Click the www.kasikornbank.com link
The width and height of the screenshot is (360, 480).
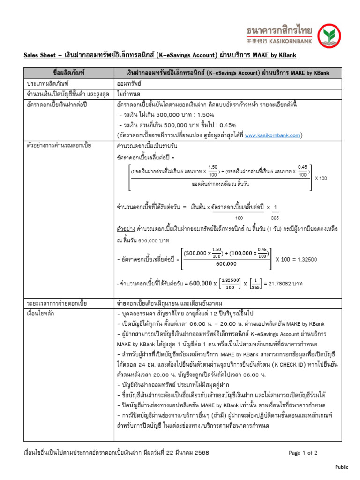272,135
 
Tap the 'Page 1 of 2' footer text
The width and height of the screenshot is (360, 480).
303,453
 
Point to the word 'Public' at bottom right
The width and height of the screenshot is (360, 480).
342,467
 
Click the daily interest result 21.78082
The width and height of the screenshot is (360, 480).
279,284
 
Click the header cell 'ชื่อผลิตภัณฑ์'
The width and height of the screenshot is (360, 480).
69,73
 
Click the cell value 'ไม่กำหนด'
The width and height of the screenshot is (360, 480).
128,94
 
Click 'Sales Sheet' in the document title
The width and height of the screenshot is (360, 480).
40,55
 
